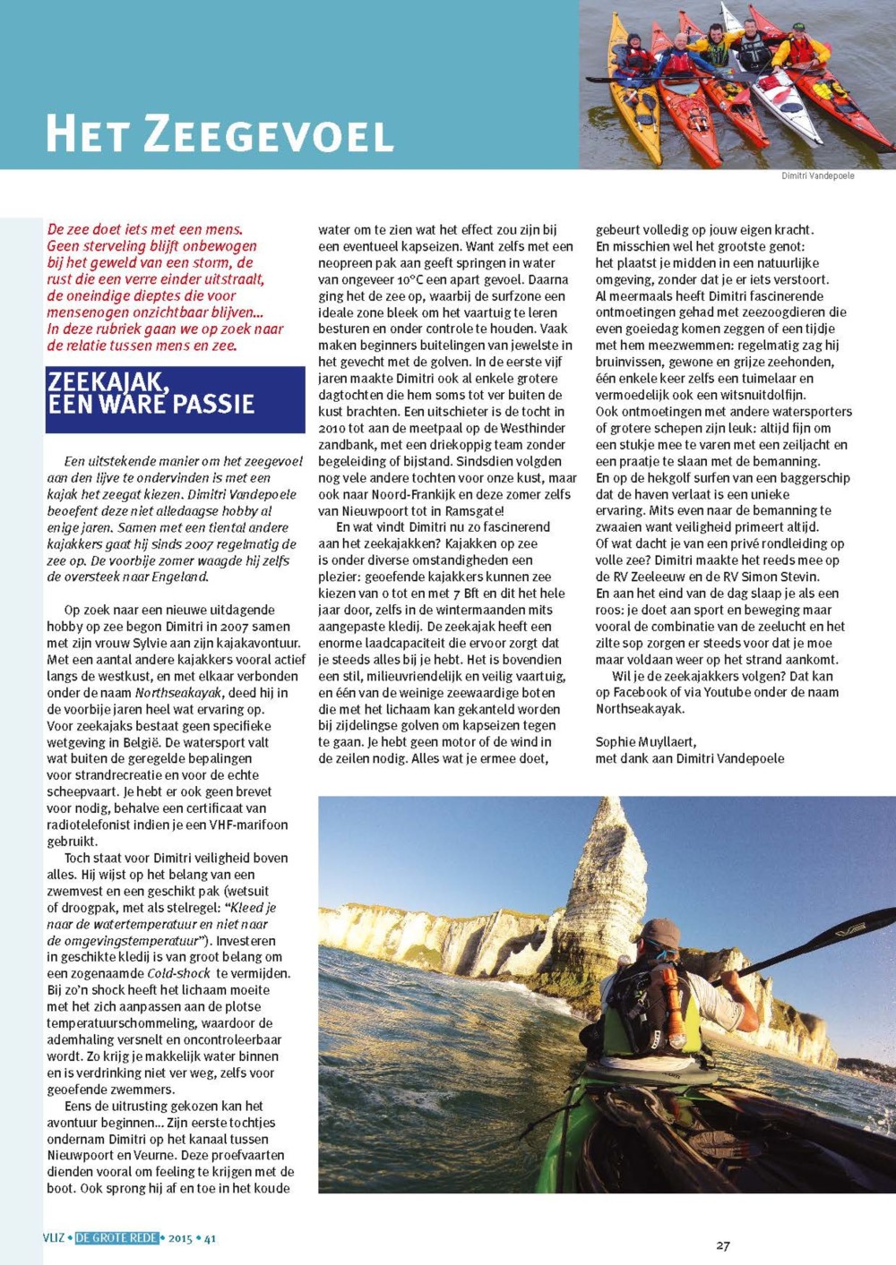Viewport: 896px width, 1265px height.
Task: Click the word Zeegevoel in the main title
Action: click(x=269, y=134)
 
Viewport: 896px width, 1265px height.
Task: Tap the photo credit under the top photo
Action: click(x=817, y=175)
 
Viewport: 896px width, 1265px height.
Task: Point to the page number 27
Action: click(x=723, y=1245)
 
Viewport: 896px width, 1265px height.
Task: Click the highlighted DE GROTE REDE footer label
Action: click(x=117, y=1238)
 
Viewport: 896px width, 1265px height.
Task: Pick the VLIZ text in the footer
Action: click(x=54, y=1238)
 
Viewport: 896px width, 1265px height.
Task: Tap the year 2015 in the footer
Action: click(x=180, y=1239)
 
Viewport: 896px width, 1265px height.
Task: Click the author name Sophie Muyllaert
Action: click(x=645, y=742)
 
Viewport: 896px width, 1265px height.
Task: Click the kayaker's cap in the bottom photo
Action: click(x=659, y=934)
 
